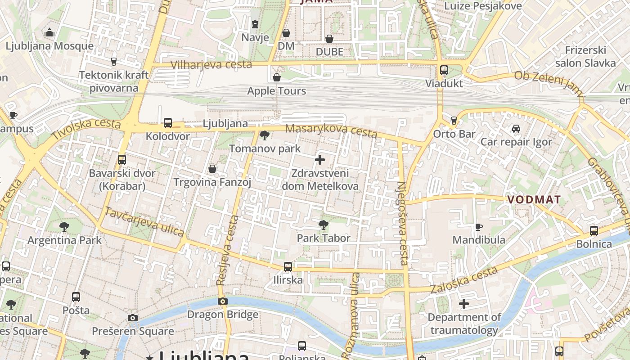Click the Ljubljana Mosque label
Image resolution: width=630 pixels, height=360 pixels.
click(49, 46)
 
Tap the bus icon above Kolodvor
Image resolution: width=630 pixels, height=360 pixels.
click(168, 122)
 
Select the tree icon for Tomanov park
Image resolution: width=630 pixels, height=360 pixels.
click(265, 135)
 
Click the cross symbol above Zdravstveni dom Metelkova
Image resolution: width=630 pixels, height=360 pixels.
click(320, 160)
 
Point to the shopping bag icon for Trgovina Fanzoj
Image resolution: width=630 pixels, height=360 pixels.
click(212, 169)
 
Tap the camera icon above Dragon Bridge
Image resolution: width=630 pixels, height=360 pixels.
click(222, 301)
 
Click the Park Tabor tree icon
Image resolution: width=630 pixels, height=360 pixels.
click(323, 225)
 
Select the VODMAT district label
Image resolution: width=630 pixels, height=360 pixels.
click(534, 199)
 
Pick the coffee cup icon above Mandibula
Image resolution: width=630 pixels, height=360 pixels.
click(479, 226)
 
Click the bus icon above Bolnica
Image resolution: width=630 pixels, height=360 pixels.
click(594, 231)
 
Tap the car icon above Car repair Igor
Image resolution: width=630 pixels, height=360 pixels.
click(516, 129)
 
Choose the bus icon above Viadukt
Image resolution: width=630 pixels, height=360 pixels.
click(444, 70)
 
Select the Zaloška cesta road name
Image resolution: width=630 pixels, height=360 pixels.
click(464, 280)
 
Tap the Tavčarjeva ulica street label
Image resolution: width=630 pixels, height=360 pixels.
click(144, 222)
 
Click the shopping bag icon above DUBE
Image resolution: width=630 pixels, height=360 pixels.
click(329, 39)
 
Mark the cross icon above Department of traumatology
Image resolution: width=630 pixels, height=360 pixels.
click(464, 304)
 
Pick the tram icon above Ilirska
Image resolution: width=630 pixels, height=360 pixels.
click(288, 267)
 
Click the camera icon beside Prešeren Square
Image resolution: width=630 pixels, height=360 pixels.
click(133, 318)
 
